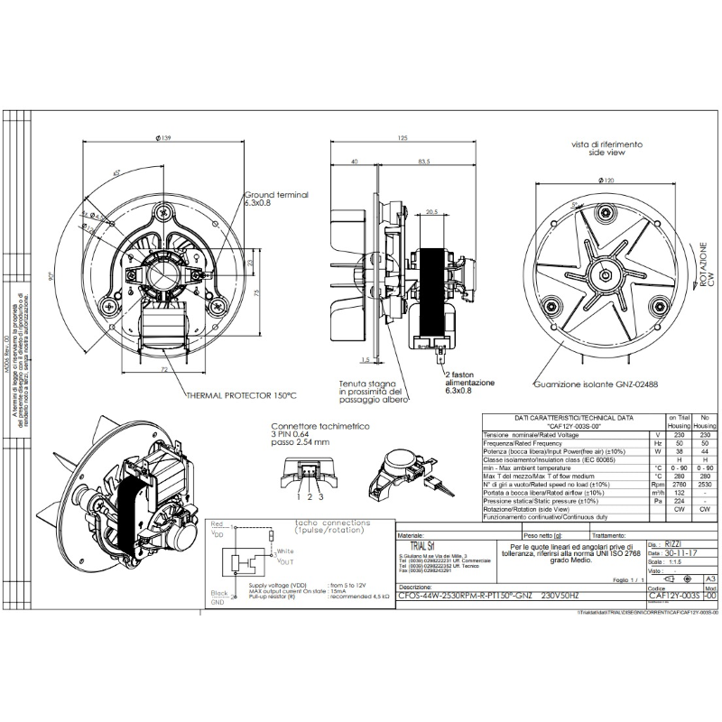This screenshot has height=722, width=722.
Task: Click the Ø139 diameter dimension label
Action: click(163, 137)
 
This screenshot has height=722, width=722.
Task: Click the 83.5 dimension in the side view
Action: click(422, 162)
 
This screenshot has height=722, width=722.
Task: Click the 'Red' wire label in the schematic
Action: click(217, 523)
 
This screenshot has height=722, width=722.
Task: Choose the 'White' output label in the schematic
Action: click(285, 551)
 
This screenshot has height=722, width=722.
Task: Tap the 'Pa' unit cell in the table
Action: click(657, 501)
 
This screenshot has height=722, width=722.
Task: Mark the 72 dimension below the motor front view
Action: click(164, 369)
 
